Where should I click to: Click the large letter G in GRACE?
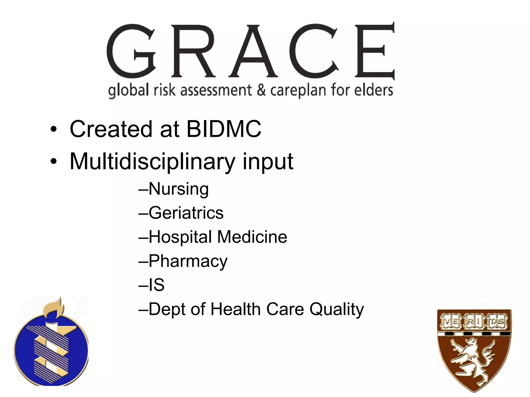(x=131, y=51)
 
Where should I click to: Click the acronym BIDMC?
(x=224, y=129)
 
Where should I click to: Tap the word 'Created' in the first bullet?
(x=111, y=129)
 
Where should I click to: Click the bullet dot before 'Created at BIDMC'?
(x=53, y=129)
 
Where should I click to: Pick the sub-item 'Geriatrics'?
(x=186, y=213)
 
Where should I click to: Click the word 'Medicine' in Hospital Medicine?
(x=252, y=237)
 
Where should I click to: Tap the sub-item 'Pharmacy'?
(x=188, y=261)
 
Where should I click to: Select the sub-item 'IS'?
(x=156, y=285)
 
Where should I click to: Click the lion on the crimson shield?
(x=472, y=361)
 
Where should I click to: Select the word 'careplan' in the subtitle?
(x=298, y=90)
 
